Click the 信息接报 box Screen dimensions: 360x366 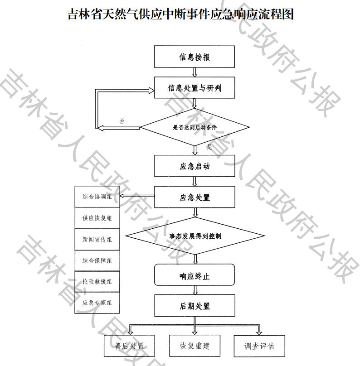(x=195, y=57)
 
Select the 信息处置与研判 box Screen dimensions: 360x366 (x=195, y=88)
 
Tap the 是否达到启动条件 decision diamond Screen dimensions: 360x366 (x=195, y=127)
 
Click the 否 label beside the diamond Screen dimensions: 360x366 (x=122, y=121)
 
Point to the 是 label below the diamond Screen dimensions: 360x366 (x=209, y=147)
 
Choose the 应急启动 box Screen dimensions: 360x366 (x=195, y=166)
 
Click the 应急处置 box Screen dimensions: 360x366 (x=195, y=197)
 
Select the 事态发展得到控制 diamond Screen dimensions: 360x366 (x=195, y=236)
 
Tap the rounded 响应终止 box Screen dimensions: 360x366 (x=195, y=275)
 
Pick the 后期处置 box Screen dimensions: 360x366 (x=195, y=306)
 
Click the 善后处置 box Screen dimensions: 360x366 (x=129, y=346)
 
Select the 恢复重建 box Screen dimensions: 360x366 (x=195, y=346)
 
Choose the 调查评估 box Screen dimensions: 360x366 (x=259, y=346)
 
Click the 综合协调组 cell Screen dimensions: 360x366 (x=97, y=197)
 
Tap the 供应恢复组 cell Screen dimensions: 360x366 (x=97, y=218)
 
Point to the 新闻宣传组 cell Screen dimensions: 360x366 (x=97, y=240)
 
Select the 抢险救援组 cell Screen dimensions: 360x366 (x=97, y=281)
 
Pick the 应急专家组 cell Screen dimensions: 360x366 (x=97, y=303)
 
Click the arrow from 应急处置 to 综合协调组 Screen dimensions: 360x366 (x=137, y=196)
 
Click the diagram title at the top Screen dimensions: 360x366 (x=180, y=14)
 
